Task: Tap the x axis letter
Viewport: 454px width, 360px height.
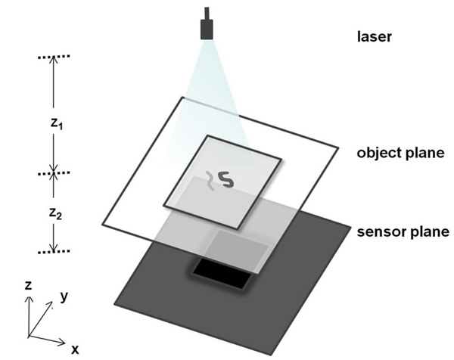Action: [x=76, y=349]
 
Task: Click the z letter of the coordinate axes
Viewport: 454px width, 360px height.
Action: [x=27, y=286]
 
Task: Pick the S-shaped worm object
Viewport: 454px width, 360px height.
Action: [x=225, y=178]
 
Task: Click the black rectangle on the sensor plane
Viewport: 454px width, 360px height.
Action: [x=222, y=272]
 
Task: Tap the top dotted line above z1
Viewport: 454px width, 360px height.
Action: [x=53, y=57]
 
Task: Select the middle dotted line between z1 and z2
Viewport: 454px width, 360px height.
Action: [x=53, y=174]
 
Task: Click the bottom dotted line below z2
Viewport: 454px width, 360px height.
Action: [x=53, y=251]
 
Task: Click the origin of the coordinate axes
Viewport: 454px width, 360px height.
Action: [x=29, y=337]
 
